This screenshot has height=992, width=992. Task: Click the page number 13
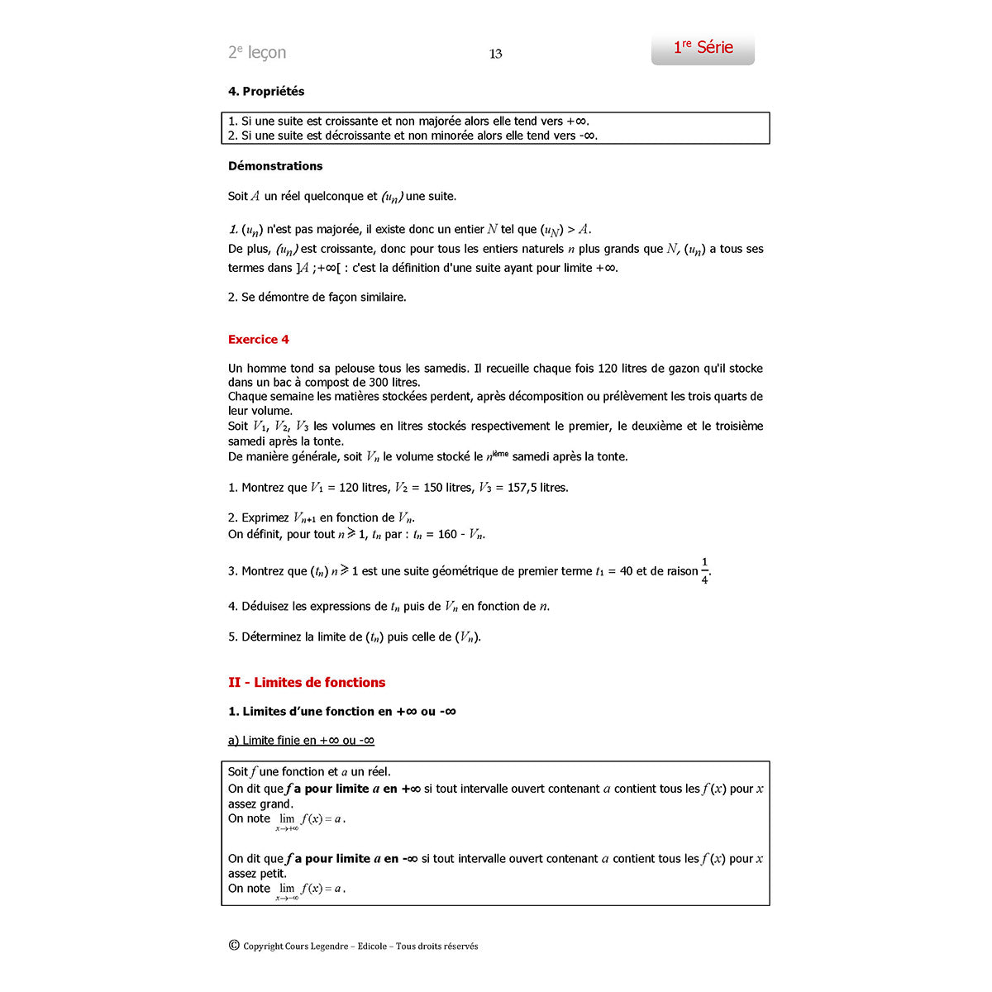click(x=496, y=54)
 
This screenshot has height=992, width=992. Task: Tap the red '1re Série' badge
click(x=703, y=48)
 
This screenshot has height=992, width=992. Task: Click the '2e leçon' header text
click(x=257, y=52)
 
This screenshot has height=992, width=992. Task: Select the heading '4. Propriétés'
click(x=266, y=91)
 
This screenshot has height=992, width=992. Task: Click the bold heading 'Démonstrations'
click(x=275, y=165)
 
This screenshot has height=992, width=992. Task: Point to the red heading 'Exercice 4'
click(x=259, y=339)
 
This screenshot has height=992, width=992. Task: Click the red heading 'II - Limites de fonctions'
click(x=307, y=682)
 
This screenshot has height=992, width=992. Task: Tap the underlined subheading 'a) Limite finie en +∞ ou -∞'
click(x=301, y=740)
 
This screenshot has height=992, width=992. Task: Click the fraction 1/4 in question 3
click(x=704, y=571)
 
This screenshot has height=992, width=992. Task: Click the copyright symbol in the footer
click(x=234, y=946)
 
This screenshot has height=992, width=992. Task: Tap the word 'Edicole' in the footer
click(x=372, y=947)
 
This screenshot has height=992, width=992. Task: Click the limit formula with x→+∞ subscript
click(x=310, y=820)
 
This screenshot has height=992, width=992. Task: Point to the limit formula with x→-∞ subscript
click(x=310, y=889)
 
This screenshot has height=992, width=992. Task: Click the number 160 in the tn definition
click(x=447, y=534)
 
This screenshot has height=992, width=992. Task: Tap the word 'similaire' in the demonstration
click(x=379, y=297)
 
